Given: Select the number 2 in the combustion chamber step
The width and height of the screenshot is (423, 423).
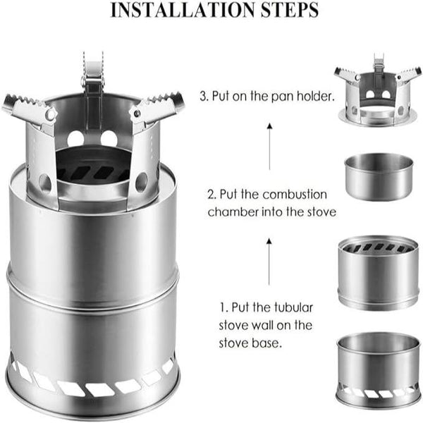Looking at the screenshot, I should [210, 195].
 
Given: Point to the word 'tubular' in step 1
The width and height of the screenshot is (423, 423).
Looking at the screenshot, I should [293, 308].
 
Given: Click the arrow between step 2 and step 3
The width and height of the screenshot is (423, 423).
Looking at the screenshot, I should [269, 144].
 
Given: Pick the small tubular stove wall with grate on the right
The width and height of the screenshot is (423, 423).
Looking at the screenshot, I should [379, 271].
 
